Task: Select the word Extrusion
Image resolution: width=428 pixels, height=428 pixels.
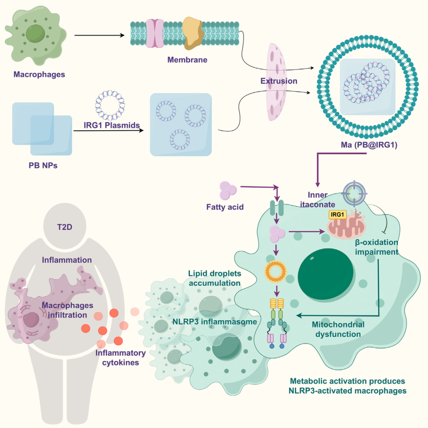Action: click(279, 81)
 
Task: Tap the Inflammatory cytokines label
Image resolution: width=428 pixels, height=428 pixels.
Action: click(120, 358)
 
